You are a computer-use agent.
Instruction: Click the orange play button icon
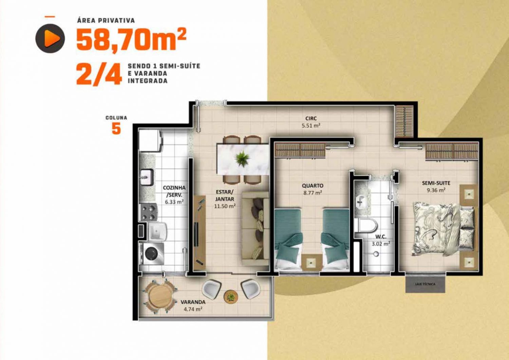point(50,38)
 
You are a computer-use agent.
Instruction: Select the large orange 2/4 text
point(99,74)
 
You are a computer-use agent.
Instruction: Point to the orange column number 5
point(116,129)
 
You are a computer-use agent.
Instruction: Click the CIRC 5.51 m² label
point(311,122)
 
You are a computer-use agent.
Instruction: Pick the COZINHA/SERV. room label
point(174,195)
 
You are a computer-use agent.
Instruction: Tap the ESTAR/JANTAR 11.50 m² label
point(225,199)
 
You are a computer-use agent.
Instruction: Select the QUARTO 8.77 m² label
point(313,189)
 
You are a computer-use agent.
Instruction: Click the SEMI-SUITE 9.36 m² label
point(436,186)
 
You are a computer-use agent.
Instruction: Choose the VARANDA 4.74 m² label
point(193,306)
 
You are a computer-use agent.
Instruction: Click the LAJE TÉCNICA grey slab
point(425,284)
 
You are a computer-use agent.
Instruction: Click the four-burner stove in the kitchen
point(148,212)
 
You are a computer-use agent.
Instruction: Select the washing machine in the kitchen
point(151,254)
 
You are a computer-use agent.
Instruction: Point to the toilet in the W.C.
point(366,225)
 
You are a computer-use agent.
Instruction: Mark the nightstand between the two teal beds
point(312,263)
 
